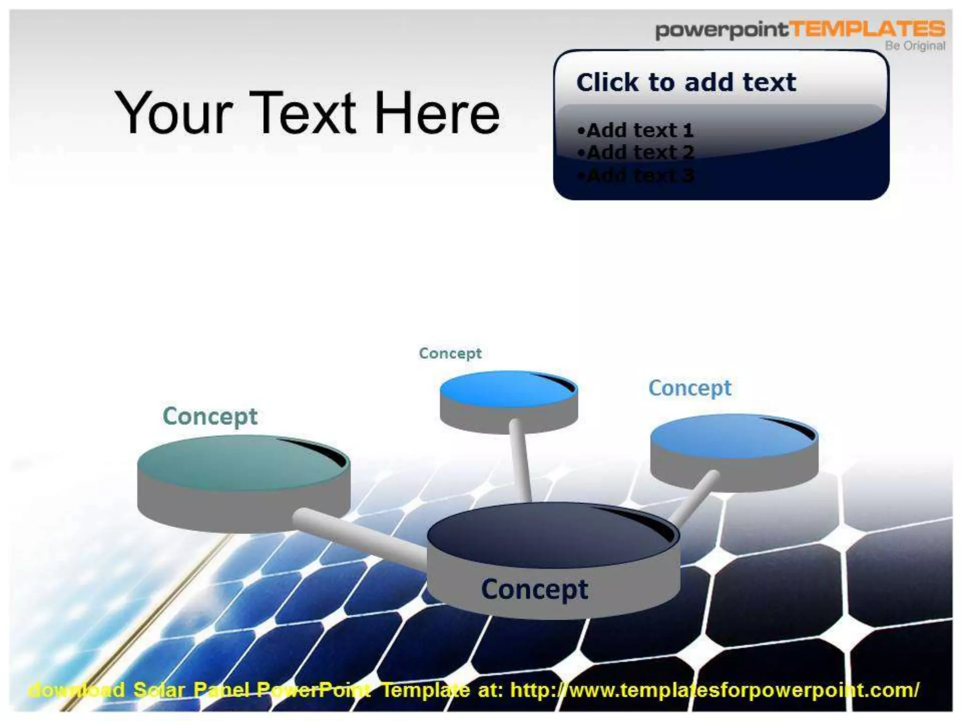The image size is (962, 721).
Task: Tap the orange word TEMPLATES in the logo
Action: click(x=868, y=29)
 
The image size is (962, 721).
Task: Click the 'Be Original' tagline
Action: click(x=915, y=46)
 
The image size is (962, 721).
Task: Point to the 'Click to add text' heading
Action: click(x=686, y=83)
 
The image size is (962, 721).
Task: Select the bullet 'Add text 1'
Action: click(x=636, y=130)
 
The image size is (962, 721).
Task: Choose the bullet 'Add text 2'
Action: click(x=636, y=153)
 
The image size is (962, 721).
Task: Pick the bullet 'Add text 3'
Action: click(x=636, y=176)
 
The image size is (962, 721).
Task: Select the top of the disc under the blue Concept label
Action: click(x=728, y=437)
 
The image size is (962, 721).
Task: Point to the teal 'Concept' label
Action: click(x=210, y=416)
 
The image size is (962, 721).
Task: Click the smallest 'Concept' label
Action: click(x=450, y=353)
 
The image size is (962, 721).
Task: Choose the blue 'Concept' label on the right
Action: click(x=690, y=388)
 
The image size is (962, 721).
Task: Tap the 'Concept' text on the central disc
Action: click(x=534, y=589)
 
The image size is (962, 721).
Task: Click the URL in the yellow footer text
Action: click(x=714, y=690)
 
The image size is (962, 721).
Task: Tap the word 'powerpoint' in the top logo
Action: click(x=721, y=30)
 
